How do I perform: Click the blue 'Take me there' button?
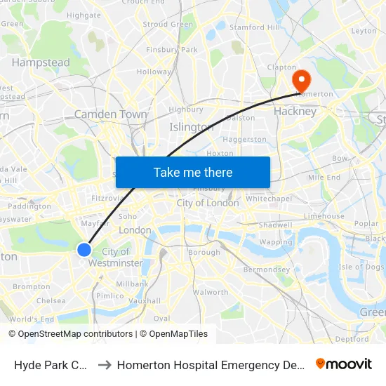[193, 172]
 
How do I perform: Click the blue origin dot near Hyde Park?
[84, 250]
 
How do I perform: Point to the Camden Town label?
[111, 114]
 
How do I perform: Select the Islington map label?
[192, 127]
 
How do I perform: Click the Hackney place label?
[295, 111]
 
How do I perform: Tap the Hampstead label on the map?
[41, 62]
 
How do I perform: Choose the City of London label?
[208, 203]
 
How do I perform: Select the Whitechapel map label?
[268, 199]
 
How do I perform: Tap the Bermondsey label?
[266, 269]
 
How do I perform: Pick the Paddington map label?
[29, 206]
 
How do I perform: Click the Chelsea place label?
[51, 301]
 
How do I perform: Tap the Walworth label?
[211, 292]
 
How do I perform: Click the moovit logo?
[344, 364]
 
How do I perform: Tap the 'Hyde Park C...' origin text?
[51, 364]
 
